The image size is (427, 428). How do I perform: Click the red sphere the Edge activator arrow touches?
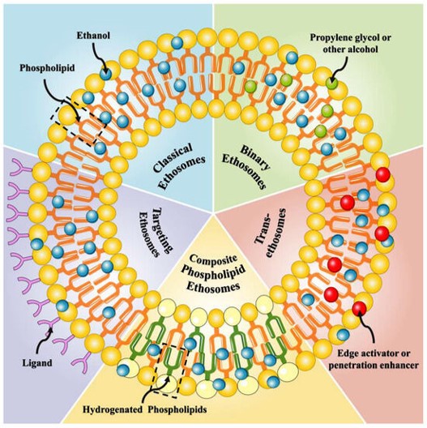click(359, 307)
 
